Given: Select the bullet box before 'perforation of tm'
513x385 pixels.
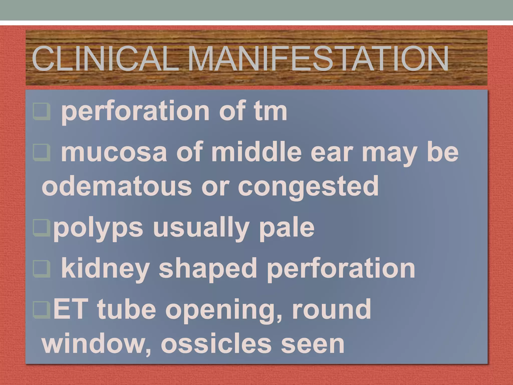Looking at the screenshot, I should point(42,111).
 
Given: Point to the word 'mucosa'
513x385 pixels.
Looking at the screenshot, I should point(114,152).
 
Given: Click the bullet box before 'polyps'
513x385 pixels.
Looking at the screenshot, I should point(41,228).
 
